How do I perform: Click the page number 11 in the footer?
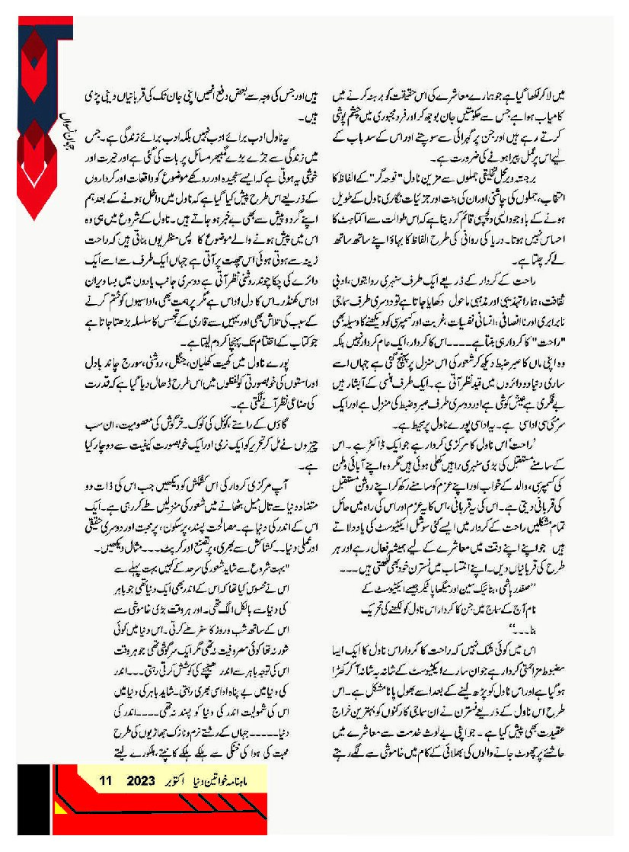coord(106,780)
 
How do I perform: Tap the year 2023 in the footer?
coord(141,780)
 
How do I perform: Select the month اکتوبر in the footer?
coord(180,780)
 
